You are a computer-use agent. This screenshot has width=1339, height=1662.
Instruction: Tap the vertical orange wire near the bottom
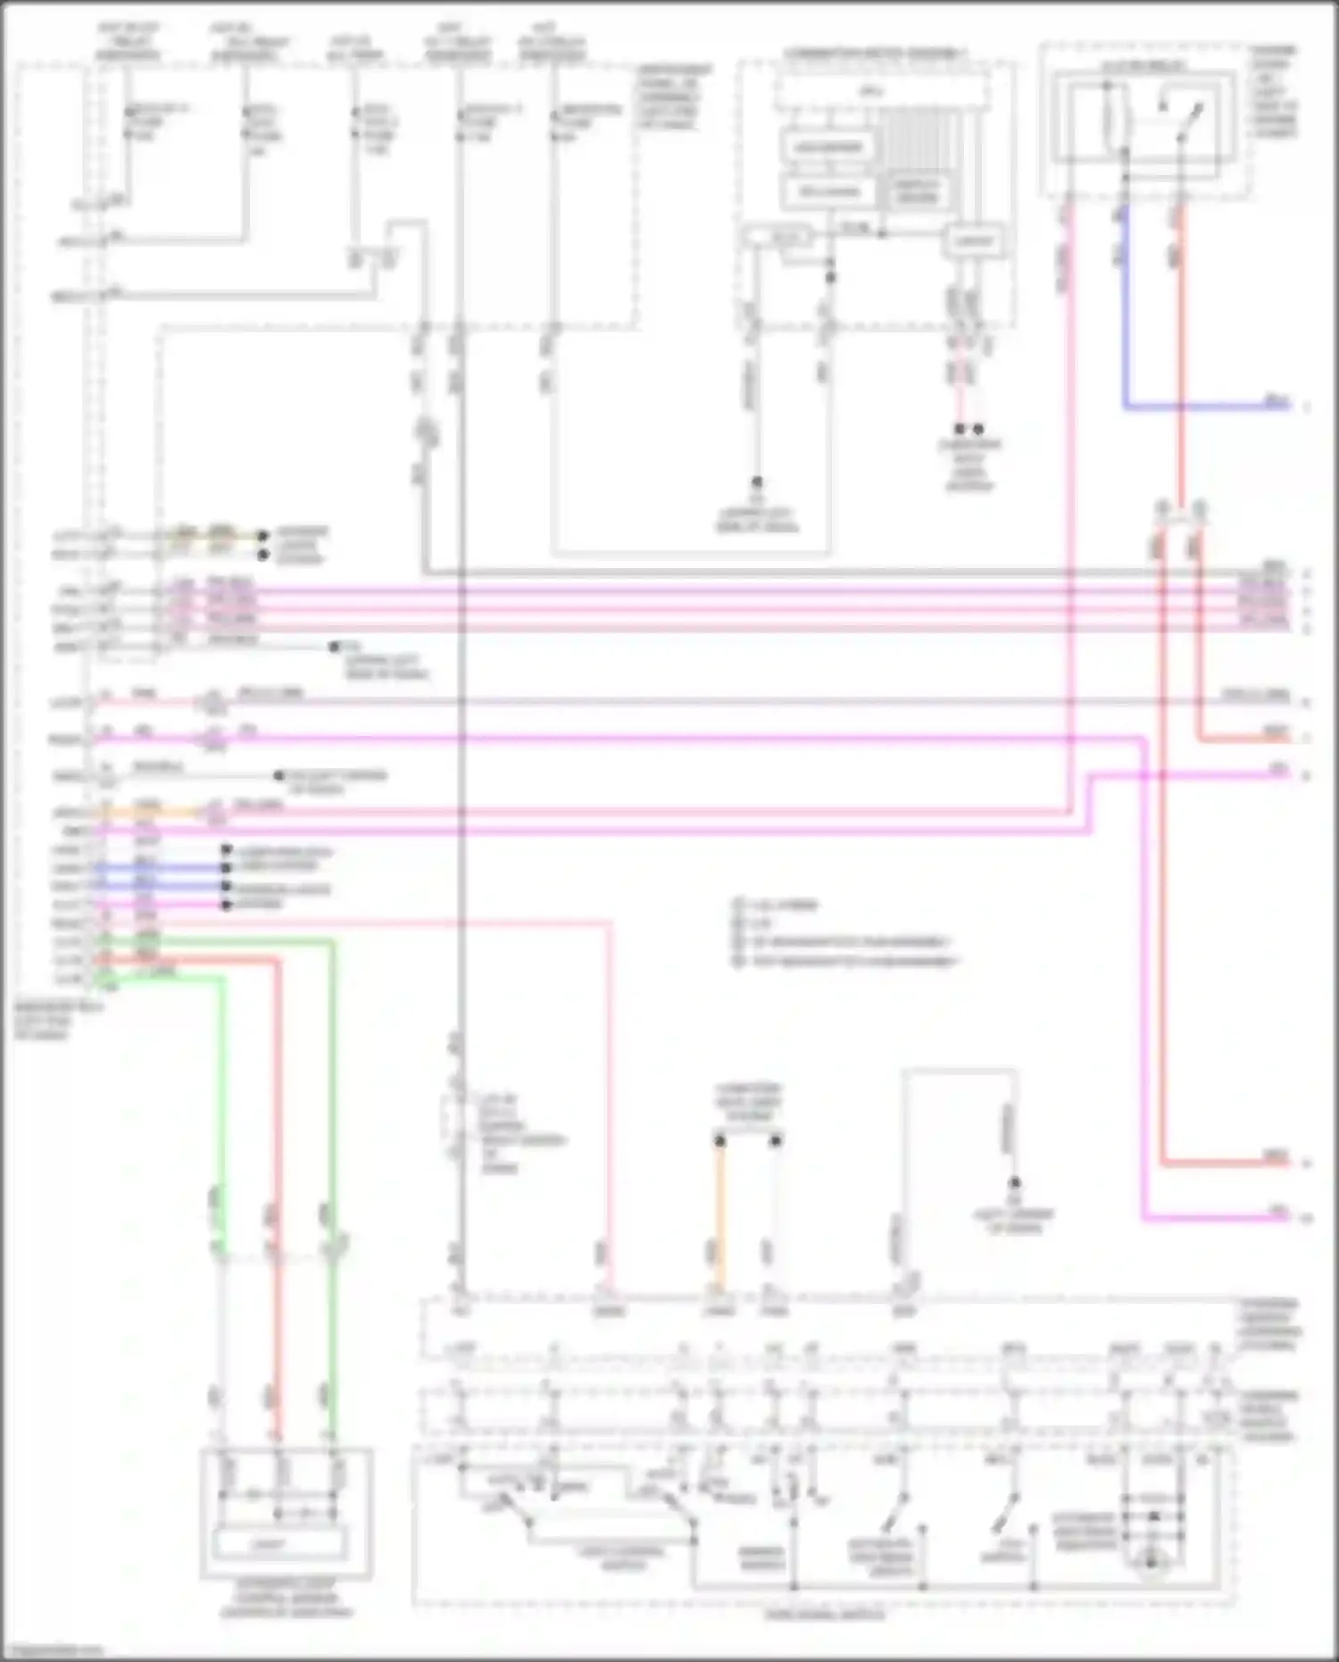click(719, 1215)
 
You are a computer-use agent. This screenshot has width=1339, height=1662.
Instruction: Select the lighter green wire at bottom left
click(220, 1116)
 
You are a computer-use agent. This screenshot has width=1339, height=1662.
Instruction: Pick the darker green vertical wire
click(332, 1116)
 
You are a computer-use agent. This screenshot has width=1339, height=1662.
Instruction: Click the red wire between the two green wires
click(278, 1116)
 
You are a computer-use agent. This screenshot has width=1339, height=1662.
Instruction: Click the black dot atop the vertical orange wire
click(719, 1140)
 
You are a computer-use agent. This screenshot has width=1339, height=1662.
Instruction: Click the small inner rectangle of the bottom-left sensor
click(279, 1544)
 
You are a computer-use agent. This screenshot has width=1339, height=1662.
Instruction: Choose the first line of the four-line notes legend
click(777, 905)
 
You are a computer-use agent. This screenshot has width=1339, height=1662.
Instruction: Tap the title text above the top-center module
click(876, 54)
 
